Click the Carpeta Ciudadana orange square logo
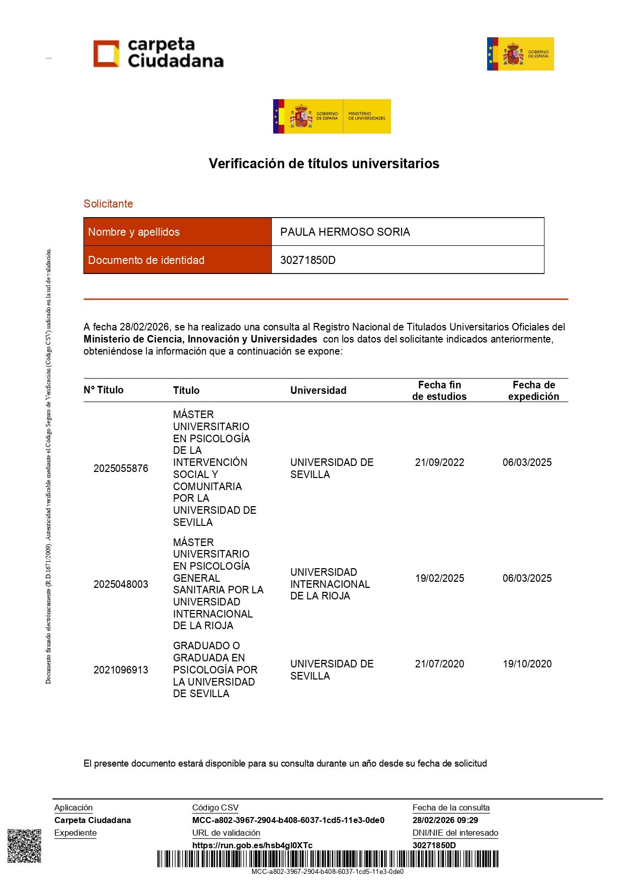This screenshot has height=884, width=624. click(106, 53)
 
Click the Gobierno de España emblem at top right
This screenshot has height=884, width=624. click(520, 54)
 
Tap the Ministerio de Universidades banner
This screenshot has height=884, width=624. click(332, 116)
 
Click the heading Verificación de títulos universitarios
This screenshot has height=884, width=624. click(324, 164)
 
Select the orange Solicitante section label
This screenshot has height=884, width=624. click(108, 204)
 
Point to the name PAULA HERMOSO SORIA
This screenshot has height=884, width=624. click(345, 232)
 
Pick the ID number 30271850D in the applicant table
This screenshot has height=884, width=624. click(307, 260)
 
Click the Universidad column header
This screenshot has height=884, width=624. click(318, 390)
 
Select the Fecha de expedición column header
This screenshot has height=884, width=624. click(533, 391)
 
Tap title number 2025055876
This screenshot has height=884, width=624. click(121, 468)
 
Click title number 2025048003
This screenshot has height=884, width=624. click(121, 584)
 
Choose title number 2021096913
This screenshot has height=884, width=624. click(121, 670)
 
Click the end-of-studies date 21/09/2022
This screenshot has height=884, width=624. click(439, 462)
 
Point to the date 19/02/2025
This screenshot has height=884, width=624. click(439, 578)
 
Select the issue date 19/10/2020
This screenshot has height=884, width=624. click(527, 664)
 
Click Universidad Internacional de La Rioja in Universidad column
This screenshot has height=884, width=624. click(330, 584)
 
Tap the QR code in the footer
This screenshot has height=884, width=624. click(24, 846)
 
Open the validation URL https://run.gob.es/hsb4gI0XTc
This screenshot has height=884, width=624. click(252, 845)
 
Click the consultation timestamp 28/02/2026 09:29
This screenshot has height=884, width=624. click(445, 820)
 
